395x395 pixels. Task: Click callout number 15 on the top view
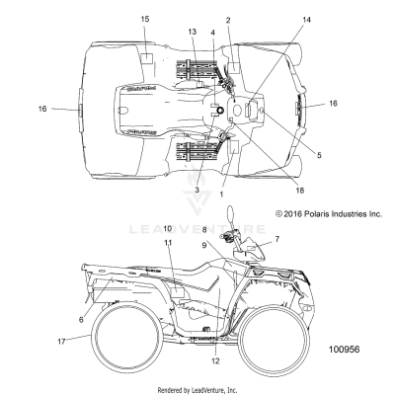click(x=145, y=20)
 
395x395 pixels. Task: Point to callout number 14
click(x=306, y=20)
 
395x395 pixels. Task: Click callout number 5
click(x=318, y=154)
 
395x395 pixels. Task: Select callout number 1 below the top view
click(x=221, y=195)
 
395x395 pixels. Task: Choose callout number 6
click(x=82, y=319)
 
